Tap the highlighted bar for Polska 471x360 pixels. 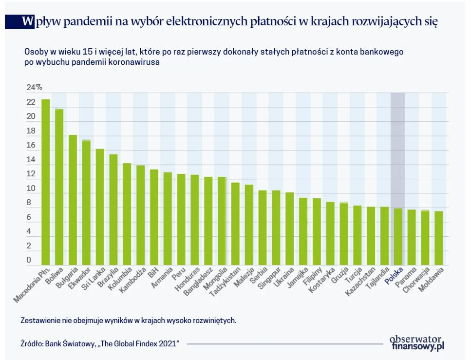coord(397,237)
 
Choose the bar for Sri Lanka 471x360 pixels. coord(100,207)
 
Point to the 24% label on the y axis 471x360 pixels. coord(34,88)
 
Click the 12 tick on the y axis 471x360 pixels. coord(31,174)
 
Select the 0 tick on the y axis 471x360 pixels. coord(29,260)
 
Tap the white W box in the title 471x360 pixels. coord(28,21)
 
